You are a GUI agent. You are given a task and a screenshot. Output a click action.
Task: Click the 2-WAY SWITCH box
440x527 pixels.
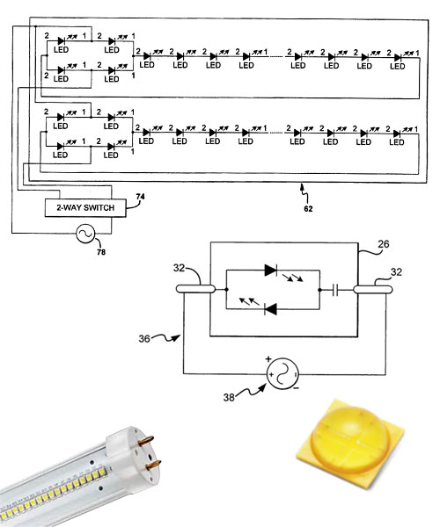(85, 207)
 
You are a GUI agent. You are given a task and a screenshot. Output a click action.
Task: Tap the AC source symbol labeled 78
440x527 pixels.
(85, 234)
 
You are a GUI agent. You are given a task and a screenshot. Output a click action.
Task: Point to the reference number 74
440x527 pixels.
(141, 197)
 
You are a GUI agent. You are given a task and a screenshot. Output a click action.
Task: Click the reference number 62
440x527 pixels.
(308, 209)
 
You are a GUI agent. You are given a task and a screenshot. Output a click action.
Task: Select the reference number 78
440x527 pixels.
(101, 252)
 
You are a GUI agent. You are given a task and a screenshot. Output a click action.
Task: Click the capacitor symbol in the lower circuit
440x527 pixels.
(334, 290)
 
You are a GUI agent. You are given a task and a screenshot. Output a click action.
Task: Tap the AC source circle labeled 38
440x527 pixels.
(282, 374)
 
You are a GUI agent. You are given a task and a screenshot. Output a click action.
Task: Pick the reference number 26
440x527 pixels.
(383, 244)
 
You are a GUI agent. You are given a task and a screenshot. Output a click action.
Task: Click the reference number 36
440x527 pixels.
(144, 338)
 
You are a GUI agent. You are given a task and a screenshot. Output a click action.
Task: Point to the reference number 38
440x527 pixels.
(229, 397)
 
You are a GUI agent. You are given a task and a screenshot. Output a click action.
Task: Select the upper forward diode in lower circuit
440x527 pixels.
(271, 270)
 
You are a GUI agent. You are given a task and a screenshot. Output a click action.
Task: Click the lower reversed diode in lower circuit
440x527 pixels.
(271, 309)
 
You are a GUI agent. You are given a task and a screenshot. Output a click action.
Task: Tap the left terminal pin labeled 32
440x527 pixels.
(195, 289)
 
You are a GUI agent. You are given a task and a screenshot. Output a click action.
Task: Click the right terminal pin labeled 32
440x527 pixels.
(373, 289)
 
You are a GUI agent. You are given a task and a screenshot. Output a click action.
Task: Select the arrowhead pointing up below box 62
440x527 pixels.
(302, 185)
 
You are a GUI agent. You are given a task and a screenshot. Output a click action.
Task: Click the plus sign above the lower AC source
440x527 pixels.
(268, 359)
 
